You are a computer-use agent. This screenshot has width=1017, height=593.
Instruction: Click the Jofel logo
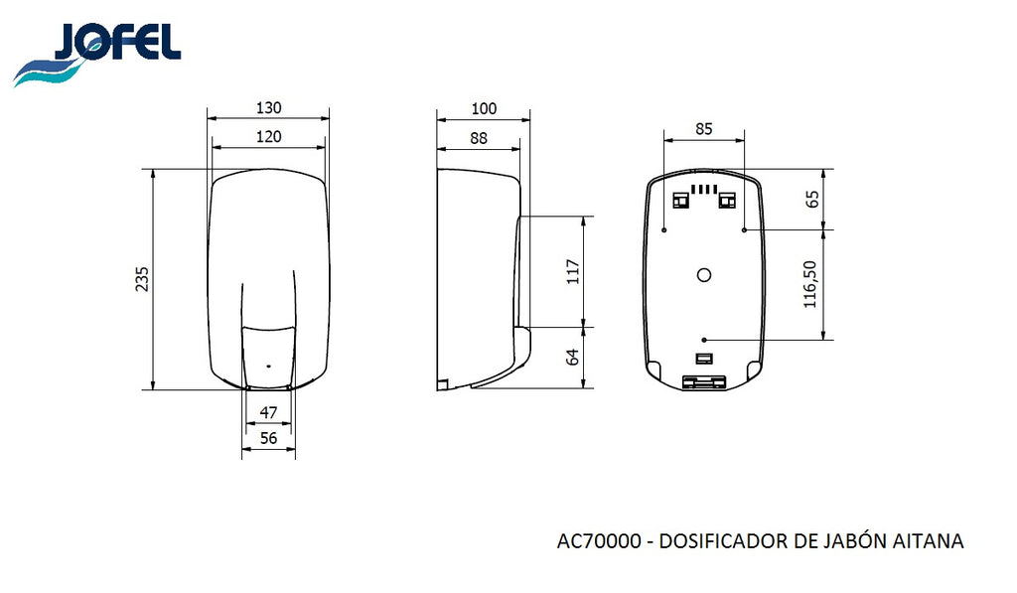click(x=97, y=56)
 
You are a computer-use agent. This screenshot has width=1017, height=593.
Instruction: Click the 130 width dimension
click(x=268, y=107)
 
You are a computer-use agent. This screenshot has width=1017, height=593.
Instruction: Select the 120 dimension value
click(x=268, y=137)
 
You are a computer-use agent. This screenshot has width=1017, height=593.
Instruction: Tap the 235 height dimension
click(x=142, y=279)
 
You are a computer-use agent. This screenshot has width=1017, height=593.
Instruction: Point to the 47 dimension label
click(x=268, y=412)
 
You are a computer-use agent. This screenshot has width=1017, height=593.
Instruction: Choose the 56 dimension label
click(x=268, y=439)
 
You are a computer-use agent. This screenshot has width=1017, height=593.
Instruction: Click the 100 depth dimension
click(x=484, y=109)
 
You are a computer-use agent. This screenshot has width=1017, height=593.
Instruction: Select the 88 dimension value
click(x=479, y=138)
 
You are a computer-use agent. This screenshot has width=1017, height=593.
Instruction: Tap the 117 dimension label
click(x=573, y=272)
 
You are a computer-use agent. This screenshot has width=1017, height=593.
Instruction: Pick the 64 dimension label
click(x=573, y=358)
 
